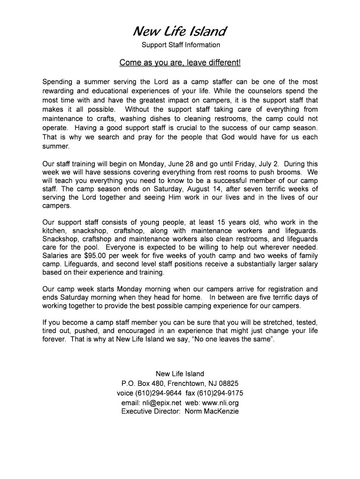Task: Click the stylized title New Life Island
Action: pyautogui.click(x=180, y=32)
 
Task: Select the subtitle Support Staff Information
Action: pyautogui.click(x=180, y=45)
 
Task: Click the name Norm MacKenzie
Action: pyautogui.click(x=212, y=412)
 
